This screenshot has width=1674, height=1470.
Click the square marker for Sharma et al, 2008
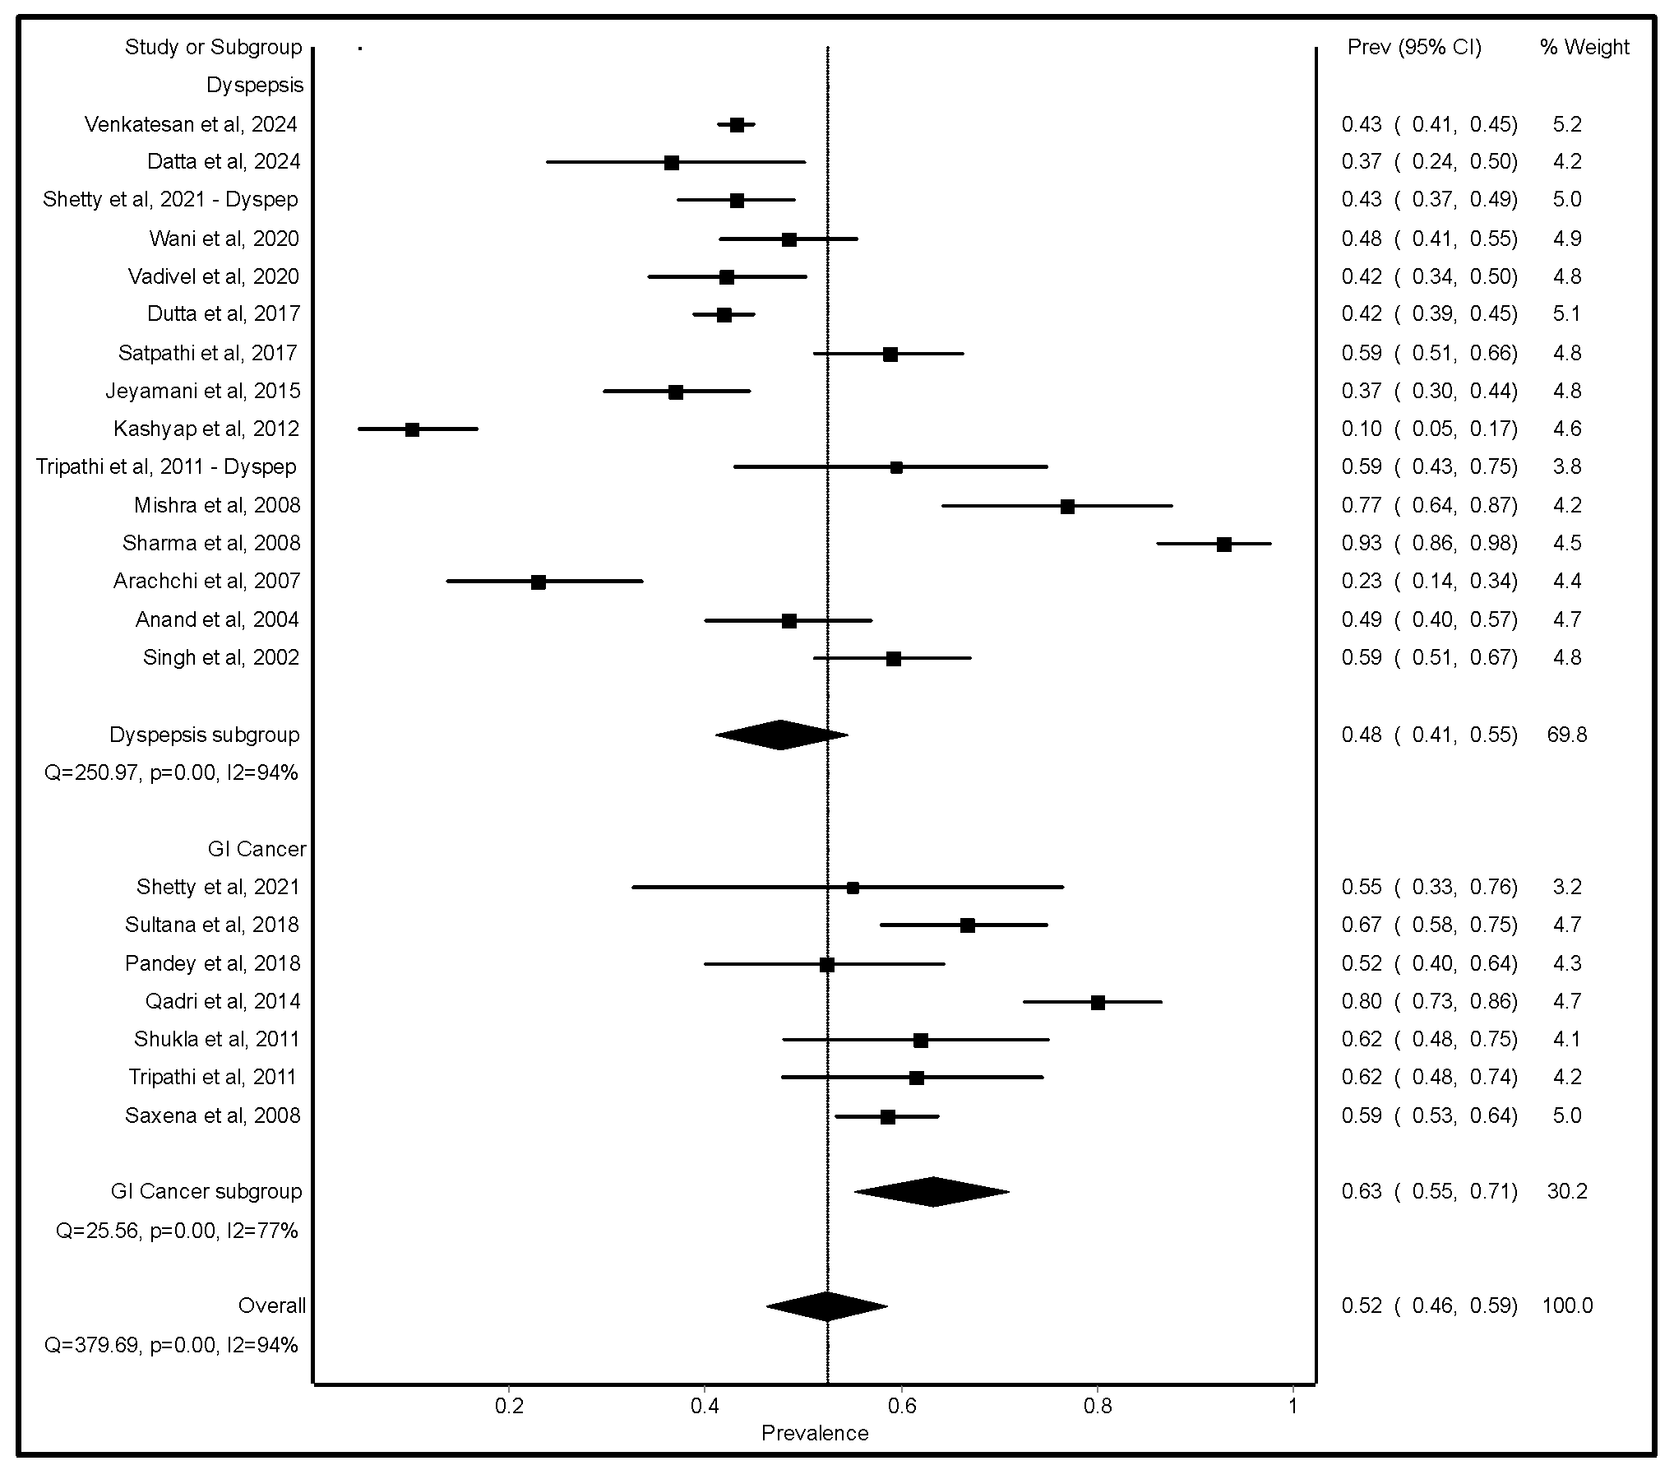(x=1223, y=544)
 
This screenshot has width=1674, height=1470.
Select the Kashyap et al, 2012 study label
(x=206, y=429)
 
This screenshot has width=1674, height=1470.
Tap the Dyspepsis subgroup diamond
(x=781, y=735)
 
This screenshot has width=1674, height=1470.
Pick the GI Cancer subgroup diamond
(x=932, y=1191)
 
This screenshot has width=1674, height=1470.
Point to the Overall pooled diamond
(x=826, y=1305)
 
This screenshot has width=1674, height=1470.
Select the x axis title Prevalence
(x=814, y=1433)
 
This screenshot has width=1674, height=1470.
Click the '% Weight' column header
(x=1584, y=47)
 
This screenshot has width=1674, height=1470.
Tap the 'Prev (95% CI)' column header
(x=1414, y=47)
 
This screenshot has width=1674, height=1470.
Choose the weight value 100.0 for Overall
(x=1567, y=1305)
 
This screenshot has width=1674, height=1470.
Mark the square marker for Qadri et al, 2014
(x=1098, y=1002)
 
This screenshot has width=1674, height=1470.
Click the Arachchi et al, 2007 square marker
(x=538, y=582)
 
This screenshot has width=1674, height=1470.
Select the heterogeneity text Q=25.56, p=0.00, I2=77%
(x=177, y=1231)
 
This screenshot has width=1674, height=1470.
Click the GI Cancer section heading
(x=257, y=849)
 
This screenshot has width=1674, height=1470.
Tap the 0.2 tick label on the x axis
(x=508, y=1406)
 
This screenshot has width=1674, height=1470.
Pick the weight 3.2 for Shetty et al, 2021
(x=1567, y=887)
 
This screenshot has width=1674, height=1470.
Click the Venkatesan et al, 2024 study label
(x=191, y=124)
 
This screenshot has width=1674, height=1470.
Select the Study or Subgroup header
(x=213, y=47)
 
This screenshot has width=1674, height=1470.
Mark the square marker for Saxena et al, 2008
(x=887, y=1116)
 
